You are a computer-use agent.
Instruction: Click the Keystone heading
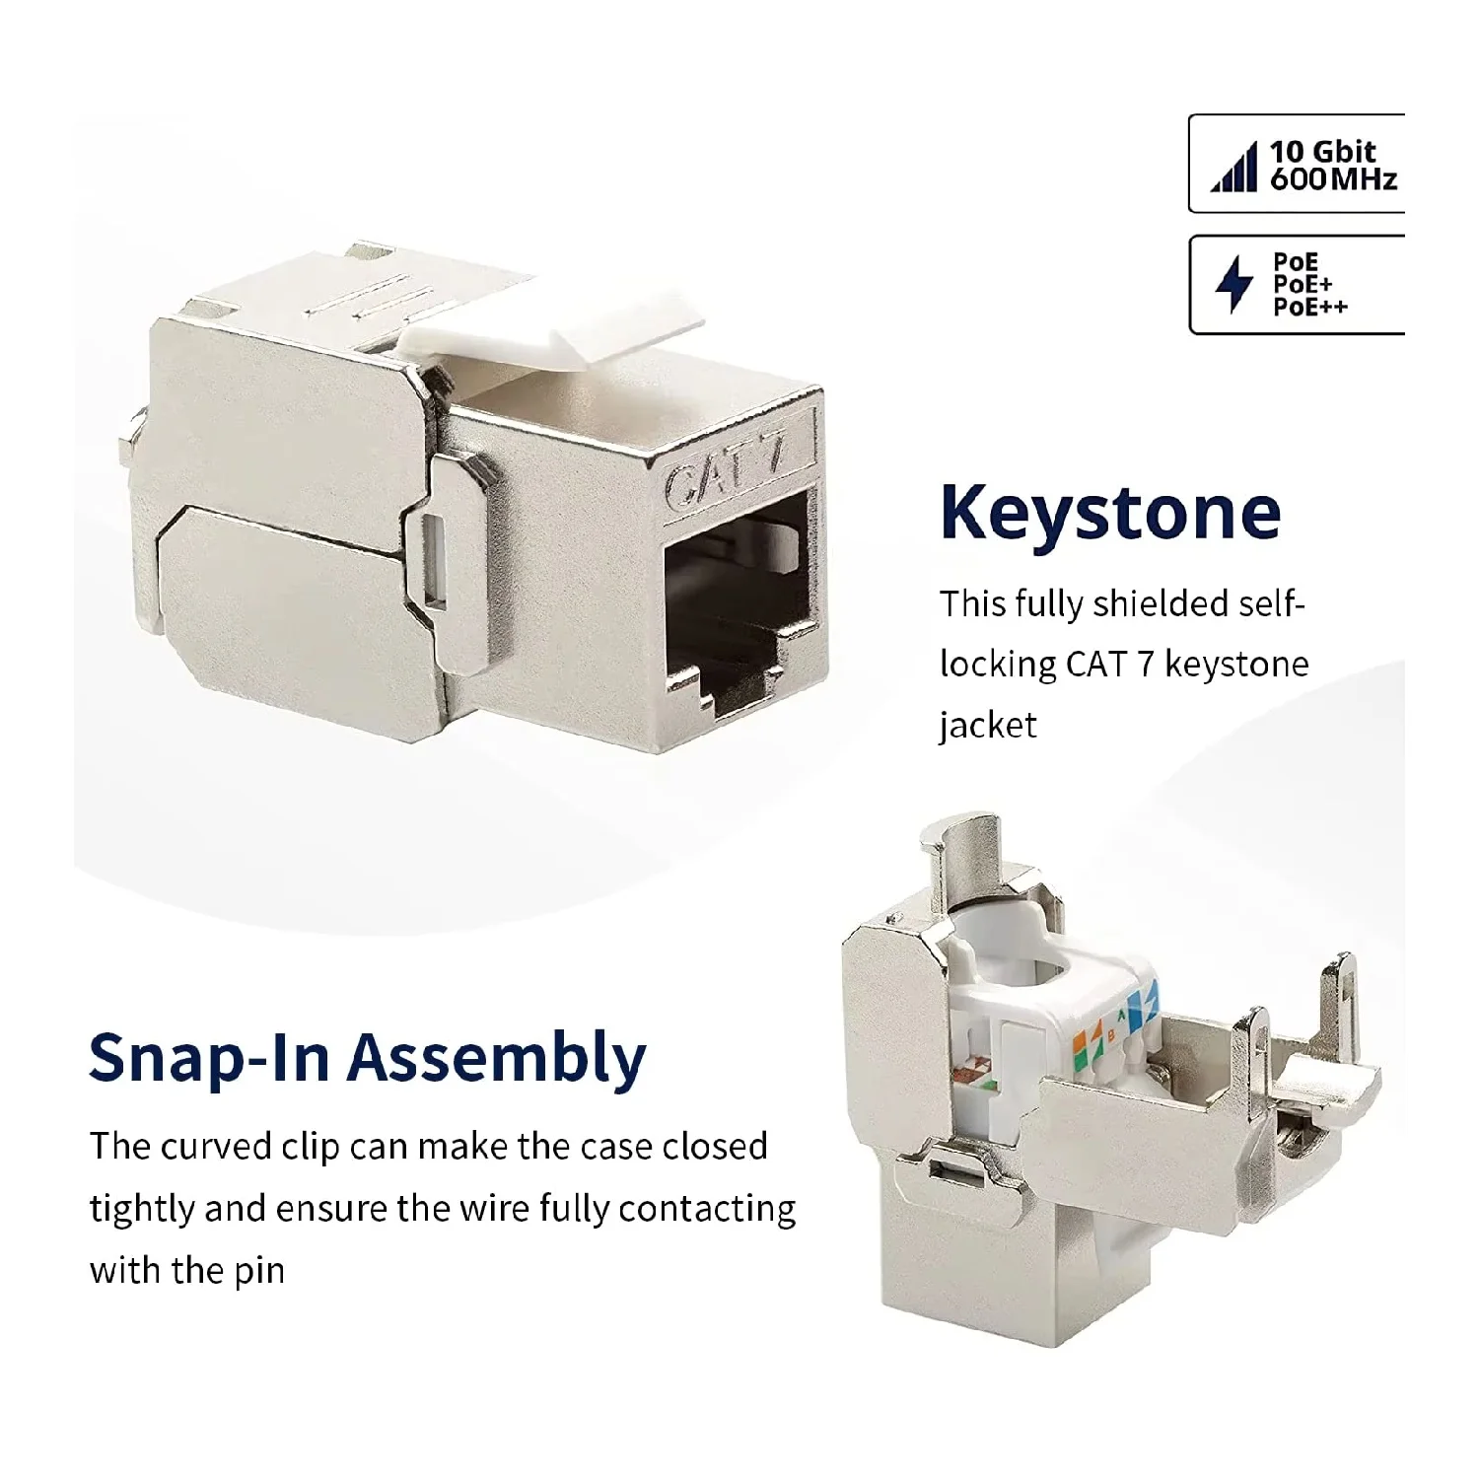[1110, 513]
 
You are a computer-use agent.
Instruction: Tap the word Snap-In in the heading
[208, 1057]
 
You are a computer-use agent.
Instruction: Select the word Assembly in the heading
[497, 1059]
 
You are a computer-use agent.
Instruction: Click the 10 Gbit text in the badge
[1321, 151]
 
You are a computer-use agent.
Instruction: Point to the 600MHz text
[1333, 179]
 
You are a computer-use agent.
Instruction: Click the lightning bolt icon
[1232, 284]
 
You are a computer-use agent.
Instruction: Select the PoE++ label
[1309, 308]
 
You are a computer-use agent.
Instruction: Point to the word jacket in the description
[987, 726]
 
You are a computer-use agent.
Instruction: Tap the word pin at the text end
[258, 1272]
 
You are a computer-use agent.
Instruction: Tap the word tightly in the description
[142, 1210]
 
